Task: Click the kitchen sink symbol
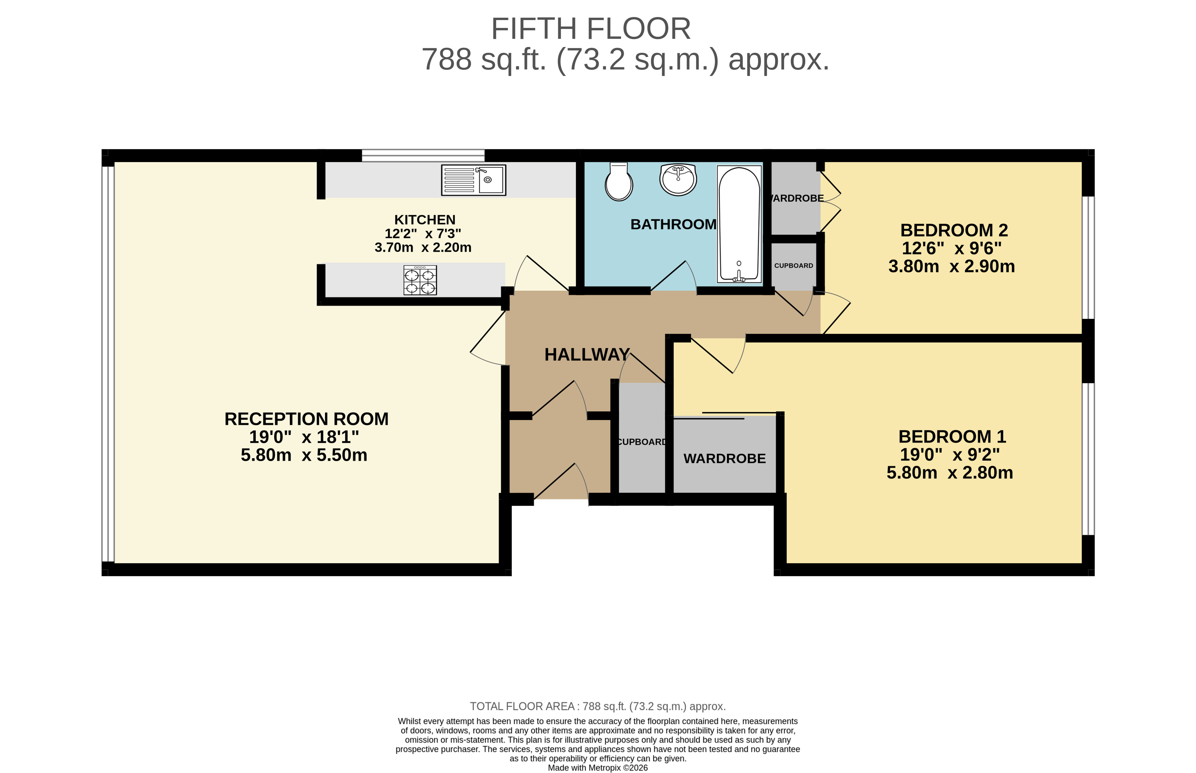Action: point(473,180)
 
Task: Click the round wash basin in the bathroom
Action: point(678,179)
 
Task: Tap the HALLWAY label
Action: point(587,355)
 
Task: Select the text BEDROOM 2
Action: point(954,230)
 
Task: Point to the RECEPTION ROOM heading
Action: point(306,419)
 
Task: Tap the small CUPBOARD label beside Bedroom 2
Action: point(793,265)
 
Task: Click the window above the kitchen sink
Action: point(423,156)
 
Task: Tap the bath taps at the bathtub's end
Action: point(738,275)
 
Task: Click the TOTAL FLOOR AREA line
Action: point(597,706)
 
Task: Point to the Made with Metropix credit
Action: point(597,768)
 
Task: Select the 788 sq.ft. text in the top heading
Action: point(483,60)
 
